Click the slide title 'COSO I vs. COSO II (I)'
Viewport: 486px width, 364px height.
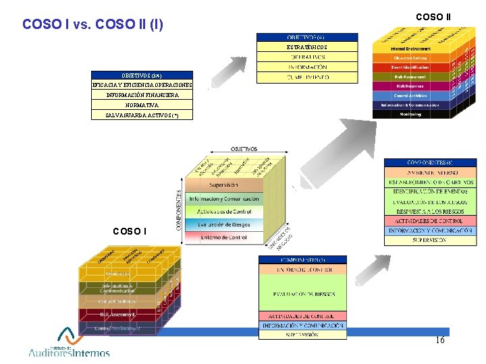coord(92,24)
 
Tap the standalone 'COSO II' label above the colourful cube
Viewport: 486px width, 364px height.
coord(433,17)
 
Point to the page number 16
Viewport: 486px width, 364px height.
coord(440,340)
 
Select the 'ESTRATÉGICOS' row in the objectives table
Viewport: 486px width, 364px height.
coord(307,47)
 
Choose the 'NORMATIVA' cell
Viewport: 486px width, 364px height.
coord(142,105)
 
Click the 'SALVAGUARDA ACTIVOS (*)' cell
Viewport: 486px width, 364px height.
coord(142,115)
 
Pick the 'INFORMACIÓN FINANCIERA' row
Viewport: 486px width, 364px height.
coord(142,95)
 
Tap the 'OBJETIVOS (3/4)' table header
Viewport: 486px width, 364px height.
coord(142,75)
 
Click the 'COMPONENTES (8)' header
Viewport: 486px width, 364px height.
coord(430,162)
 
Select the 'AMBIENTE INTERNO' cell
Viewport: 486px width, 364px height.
coord(430,173)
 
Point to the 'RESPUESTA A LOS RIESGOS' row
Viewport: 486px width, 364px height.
coord(430,211)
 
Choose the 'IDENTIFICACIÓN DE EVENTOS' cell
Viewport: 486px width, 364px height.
coord(430,192)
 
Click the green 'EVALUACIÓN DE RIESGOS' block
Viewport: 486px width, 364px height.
coord(302,294)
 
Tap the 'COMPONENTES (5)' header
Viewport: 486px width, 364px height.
coord(302,260)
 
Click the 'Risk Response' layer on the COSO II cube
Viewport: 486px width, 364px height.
coord(410,86)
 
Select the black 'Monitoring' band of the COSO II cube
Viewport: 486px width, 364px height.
coord(410,114)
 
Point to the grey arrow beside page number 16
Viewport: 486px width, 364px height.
coord(369,270)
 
